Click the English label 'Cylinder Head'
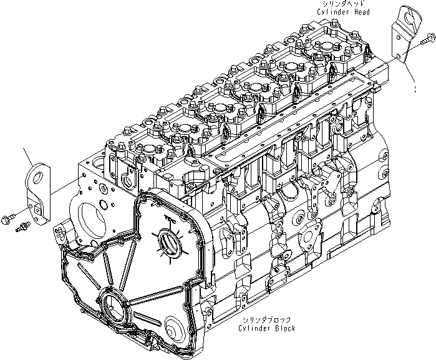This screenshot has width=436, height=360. click(343, 12)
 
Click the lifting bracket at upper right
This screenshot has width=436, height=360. click(400, 34)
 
